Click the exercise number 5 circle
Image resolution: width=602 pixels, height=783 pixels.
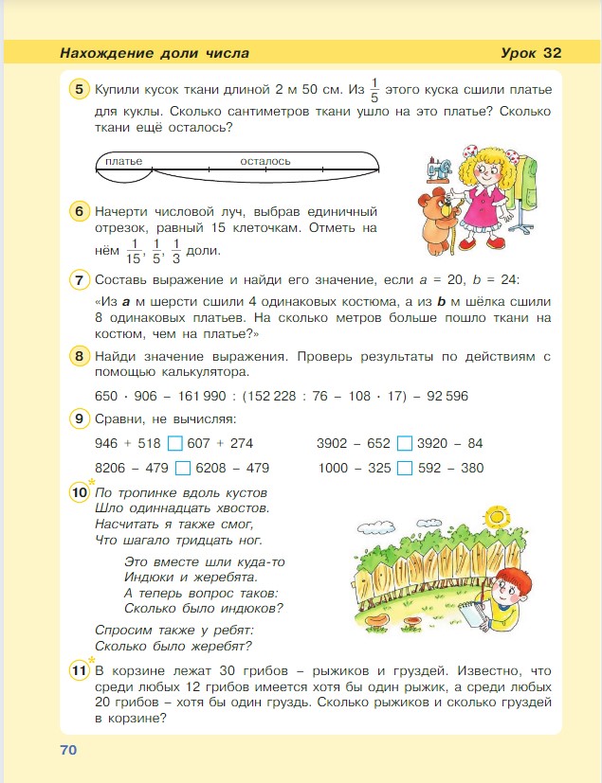(x=80, y=90)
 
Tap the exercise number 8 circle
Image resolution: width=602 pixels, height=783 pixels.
(x=80, y=357)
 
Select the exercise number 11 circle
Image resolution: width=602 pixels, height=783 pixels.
(x=80, y=671)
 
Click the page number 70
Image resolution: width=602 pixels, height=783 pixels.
(x=67, y=750)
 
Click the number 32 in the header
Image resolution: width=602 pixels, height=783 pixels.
(x=554, y=52)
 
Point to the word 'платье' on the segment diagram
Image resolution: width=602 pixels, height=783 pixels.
(x=123, y=161)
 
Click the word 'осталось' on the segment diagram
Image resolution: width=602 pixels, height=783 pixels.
(x=265, y=161)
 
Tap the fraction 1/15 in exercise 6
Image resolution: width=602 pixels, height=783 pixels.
(x=134, y=251)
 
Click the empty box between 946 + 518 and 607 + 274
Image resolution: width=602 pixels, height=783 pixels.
(x=174, y=443)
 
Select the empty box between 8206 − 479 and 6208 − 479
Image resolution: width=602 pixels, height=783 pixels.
(x=184, y=468)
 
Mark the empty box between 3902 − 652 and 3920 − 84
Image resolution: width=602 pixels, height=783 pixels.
(x=405, y=443)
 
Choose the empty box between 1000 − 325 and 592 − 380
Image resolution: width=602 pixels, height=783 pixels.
(x=405, y=468)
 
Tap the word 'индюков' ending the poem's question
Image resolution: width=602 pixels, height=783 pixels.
(x=253, y=609)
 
